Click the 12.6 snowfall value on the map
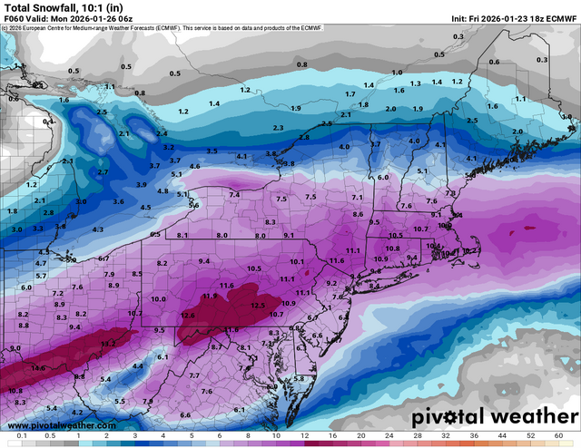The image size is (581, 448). coord(189,315)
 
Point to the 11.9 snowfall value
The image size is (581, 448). coord(210,296)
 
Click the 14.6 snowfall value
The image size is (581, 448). coord(37,368)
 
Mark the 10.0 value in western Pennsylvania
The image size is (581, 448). coord(158,298)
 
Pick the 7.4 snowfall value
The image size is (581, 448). coord(234,195)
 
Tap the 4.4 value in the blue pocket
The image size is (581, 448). coord(138,365)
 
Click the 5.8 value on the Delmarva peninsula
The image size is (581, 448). coord(300,378)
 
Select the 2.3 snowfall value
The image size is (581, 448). coord(277,128)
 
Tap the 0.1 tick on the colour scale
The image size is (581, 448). coord(20,436)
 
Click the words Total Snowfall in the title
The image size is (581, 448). coord(42,6)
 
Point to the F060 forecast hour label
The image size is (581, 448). coord(16,18)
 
